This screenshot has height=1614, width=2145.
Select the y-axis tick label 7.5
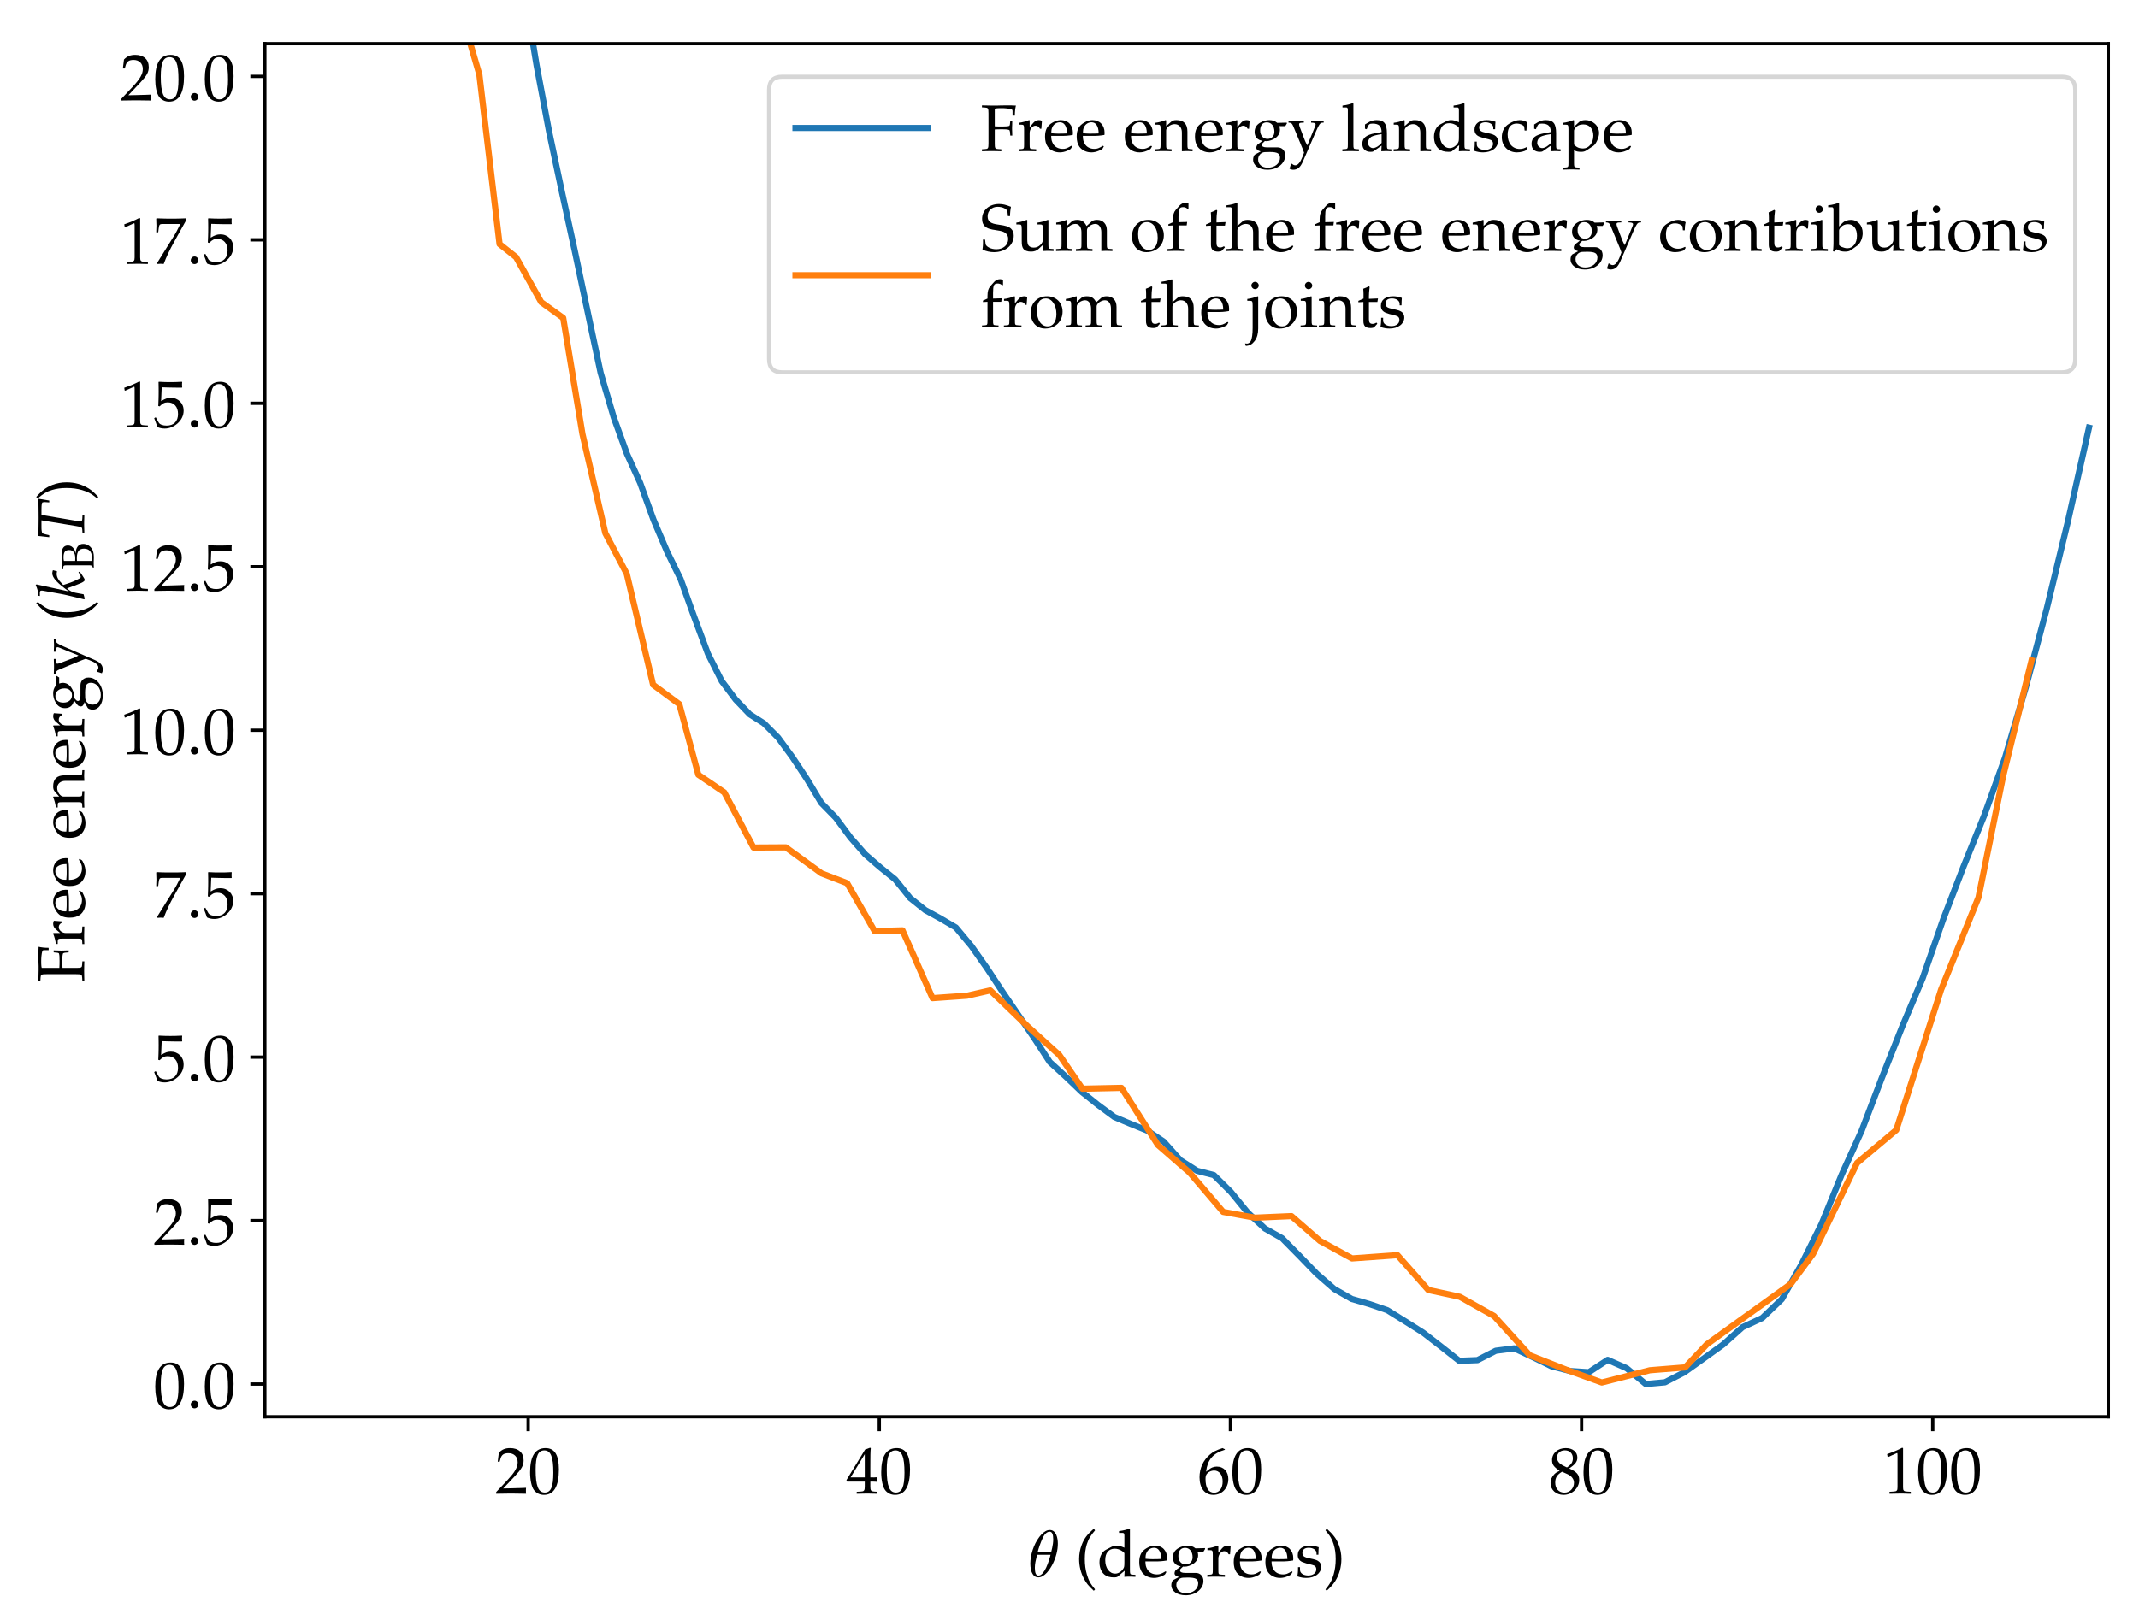[x=195, y=896]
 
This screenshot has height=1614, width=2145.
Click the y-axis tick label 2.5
[x=195, y=1223]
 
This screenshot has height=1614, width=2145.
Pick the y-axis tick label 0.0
[x=195, y=1387]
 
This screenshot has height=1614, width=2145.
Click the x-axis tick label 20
[x=528, y=1475]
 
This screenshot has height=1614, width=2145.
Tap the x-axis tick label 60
[x=1230, y=1475]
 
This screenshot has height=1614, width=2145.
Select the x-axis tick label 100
[x=1932, y=1475]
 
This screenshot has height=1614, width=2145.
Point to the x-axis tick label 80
[x=1581, y=1475]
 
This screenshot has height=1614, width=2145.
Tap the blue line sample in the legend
[x=861, y=128]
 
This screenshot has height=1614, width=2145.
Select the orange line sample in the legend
[x=861, y=275]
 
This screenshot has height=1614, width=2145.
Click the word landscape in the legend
[x=1486, y=131]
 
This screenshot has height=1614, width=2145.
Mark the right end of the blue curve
[x=2089, y=425]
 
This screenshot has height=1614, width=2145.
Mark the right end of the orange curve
[x=2032, y=657]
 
